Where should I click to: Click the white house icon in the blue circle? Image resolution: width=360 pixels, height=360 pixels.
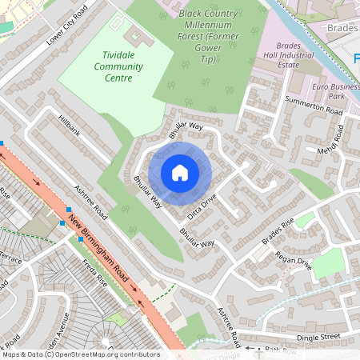point(180,172)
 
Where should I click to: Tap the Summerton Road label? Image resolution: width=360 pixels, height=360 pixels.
point(314,106)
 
